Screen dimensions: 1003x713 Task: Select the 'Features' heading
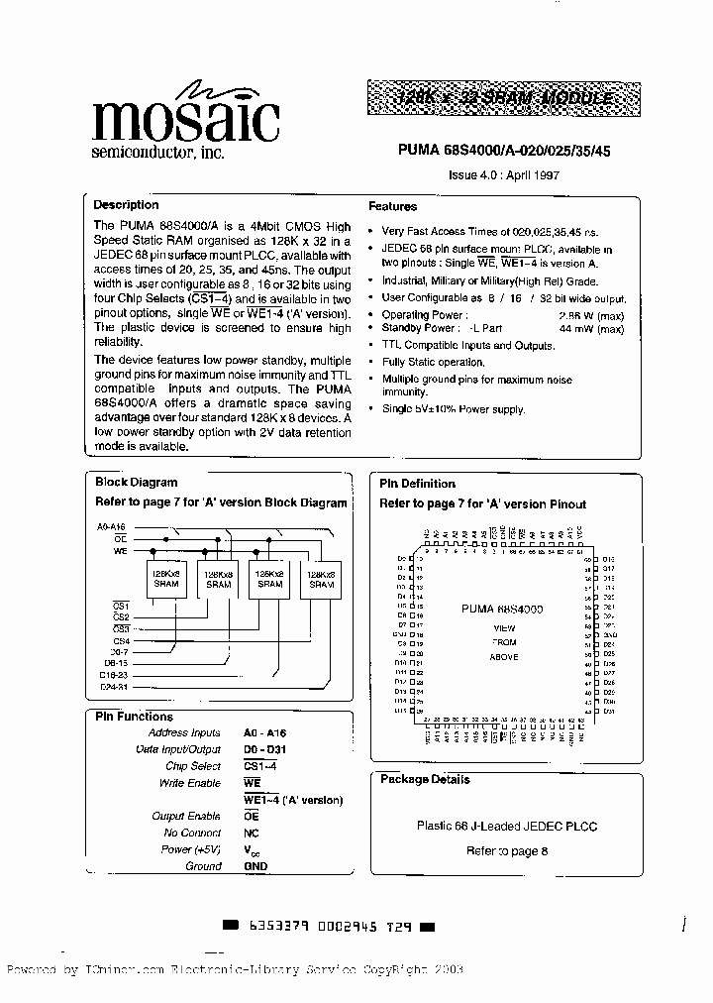click(393, 206)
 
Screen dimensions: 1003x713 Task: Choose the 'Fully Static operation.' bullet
click(433, 362)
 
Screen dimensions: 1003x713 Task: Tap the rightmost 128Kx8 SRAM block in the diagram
click(321, 579)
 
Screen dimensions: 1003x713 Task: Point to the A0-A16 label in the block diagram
click(112, 526)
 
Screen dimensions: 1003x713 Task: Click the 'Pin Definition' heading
click(418, 484)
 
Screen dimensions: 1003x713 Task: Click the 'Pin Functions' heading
click(134, 717)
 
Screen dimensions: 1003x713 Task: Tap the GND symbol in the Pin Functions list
click(255, 865)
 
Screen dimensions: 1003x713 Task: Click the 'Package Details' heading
click(425, 779)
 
